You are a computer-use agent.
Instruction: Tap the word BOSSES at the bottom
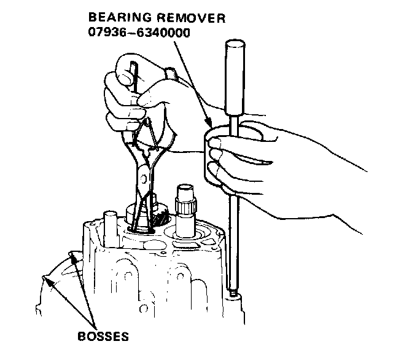[x=103, y=337]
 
